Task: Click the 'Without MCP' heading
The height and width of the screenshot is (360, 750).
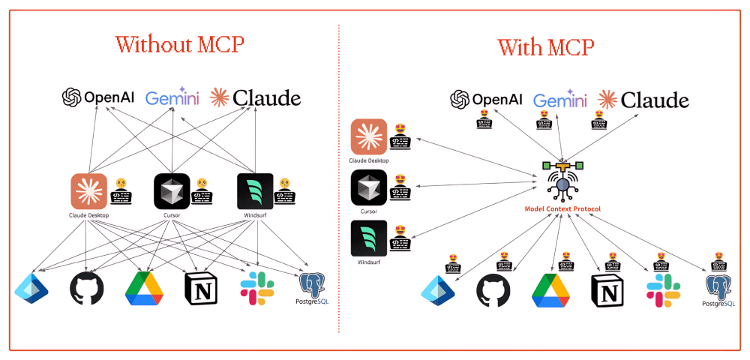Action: coord(179,43)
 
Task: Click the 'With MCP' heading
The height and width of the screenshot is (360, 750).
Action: coord(545,47)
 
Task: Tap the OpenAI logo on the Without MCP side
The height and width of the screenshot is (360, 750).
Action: coord(97,97)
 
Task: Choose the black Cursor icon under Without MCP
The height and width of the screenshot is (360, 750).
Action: coord(172,191)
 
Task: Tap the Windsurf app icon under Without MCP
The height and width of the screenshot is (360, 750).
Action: coord(254,191)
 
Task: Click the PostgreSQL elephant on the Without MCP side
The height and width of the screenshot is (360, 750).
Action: coord(313,285)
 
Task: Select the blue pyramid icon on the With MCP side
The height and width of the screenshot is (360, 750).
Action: coord(438,291)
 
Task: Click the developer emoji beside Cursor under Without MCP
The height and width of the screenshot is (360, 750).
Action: coord(201,193)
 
